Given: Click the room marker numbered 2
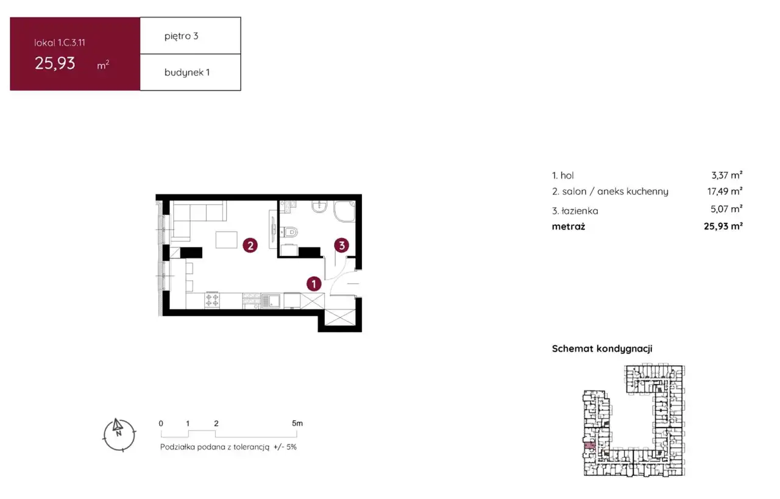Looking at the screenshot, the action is (250, 246).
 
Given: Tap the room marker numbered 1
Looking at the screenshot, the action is (314, 284).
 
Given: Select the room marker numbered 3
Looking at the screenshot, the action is (342, 245).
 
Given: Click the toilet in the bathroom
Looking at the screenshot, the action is (289, 231).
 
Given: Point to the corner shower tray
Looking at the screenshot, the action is (345, 211).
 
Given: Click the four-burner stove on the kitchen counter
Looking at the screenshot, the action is (212, 300).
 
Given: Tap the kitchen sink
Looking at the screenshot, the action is (271, 301).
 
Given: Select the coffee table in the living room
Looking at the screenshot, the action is (226, 240).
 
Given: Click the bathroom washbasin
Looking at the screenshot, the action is (319, 207).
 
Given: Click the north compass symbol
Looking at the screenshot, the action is (119, 435).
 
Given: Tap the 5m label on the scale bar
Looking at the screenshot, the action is (297, 423).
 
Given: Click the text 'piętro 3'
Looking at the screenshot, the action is (182, 36).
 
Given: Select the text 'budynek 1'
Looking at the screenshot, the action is (187, 73).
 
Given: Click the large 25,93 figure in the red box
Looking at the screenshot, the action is (55, 63).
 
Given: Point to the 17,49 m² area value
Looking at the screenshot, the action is (725, 191).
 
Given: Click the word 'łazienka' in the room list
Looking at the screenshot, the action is (580, 211).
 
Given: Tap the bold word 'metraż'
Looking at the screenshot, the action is (569, 226).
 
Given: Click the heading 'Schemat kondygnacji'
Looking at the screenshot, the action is (602, 349).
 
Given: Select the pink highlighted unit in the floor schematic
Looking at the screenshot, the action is (589, 445).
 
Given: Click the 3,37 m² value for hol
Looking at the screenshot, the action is (727, 175).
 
